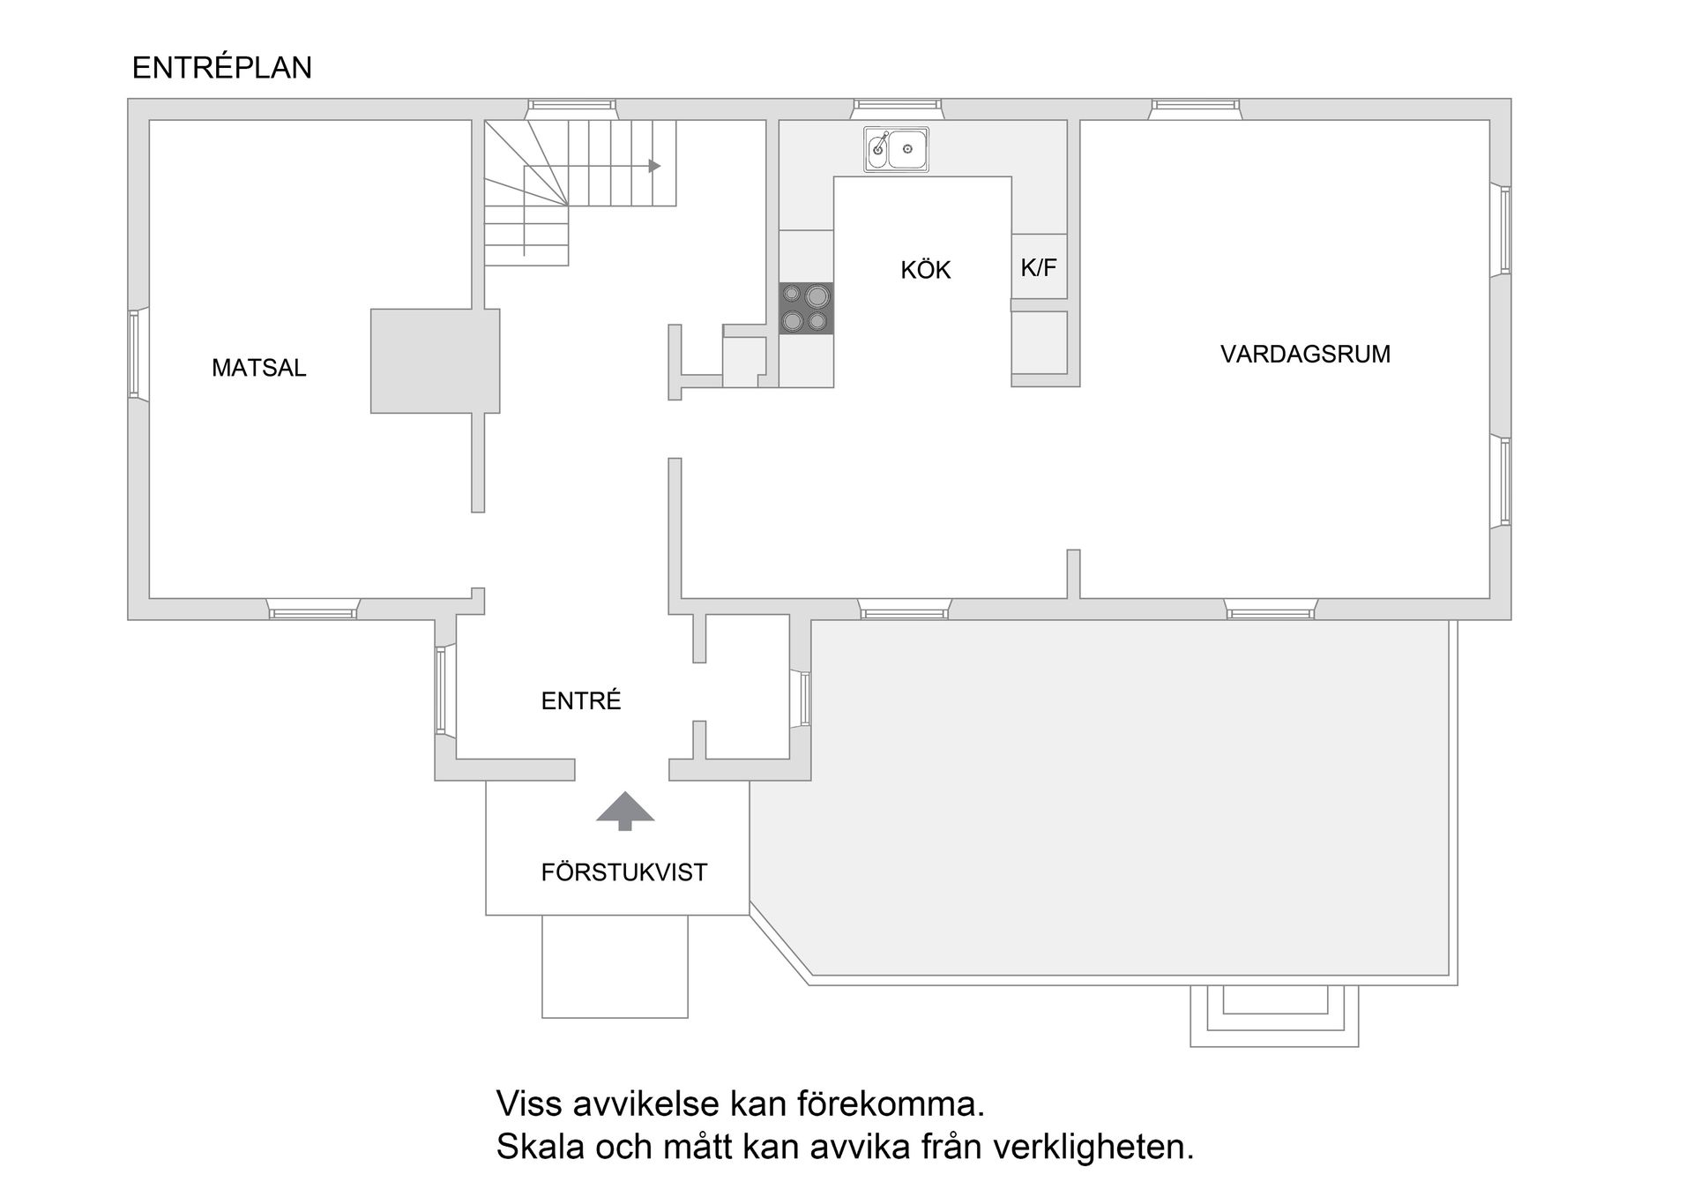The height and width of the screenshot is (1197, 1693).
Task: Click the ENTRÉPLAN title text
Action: point(221,68)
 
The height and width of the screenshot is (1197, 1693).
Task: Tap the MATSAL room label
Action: point(258,368)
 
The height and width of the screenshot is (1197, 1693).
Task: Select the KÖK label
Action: point(925,270)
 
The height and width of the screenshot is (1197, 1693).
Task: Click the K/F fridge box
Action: point(1039,266)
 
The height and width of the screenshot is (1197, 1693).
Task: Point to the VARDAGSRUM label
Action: point(1305,354)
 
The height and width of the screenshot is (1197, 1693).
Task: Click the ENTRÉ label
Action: point(580,700)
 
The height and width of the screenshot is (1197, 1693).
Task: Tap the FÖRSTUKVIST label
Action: point(623,872)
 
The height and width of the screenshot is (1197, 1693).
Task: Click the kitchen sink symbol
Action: point(896,149)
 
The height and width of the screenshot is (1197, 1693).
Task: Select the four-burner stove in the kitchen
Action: point(806,308)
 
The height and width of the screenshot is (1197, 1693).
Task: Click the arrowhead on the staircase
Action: point(654,166)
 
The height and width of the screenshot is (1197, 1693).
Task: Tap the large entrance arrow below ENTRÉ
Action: point(625,810)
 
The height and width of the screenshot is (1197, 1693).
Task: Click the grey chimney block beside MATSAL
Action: point(434,361)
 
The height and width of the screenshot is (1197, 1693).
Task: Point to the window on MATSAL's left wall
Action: point(135,354)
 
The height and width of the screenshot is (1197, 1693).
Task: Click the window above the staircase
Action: point(571,108)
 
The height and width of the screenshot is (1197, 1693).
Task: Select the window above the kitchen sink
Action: point(897,108)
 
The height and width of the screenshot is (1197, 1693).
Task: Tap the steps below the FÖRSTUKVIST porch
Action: point(615,966)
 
